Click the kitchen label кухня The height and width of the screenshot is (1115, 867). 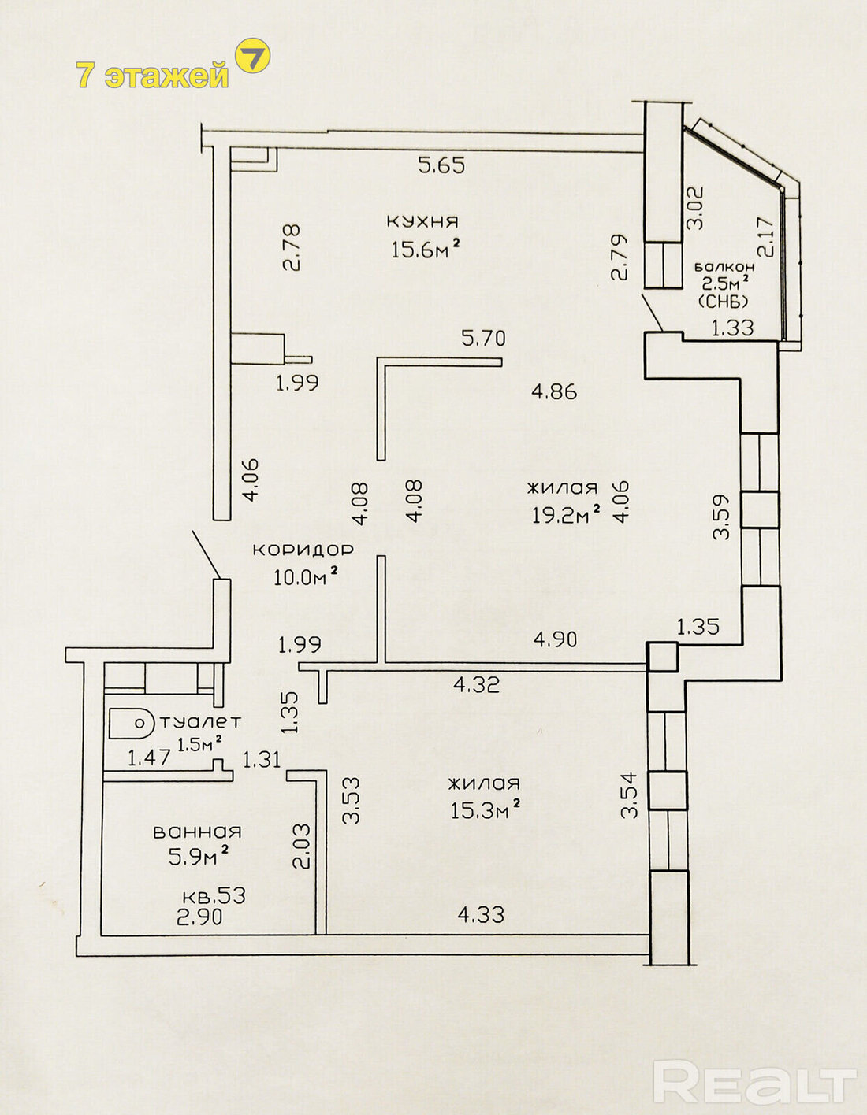click(x=422, y=220)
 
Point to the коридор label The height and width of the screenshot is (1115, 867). click(x=303, y=549)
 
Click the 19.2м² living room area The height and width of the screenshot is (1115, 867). click(x=565, y=515)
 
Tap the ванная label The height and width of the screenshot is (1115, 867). click(x=197, y=831)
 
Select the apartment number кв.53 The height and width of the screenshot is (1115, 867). click(x=214, y=896)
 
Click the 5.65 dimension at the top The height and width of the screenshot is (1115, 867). click(x=441, y=165)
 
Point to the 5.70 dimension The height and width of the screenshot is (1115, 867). click(x=483, y=339)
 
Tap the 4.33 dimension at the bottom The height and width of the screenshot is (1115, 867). click(x=481, y=914)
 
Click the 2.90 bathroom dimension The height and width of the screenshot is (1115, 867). click(x=199, y=917)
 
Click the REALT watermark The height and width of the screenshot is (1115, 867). click(x=754, y=1083)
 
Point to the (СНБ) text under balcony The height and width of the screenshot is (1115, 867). click(x=723, y=301)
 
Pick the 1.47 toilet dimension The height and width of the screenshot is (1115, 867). click(x=150, y=758)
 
